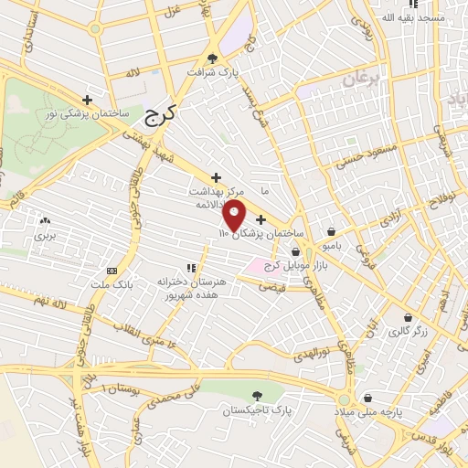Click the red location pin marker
(235, 217)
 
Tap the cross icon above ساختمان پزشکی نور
(88, 100)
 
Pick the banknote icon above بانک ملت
(112, 271)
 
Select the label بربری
(45, 235)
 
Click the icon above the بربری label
(45, 221)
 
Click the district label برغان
(360, 80)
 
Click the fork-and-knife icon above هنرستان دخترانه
(191, 268)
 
